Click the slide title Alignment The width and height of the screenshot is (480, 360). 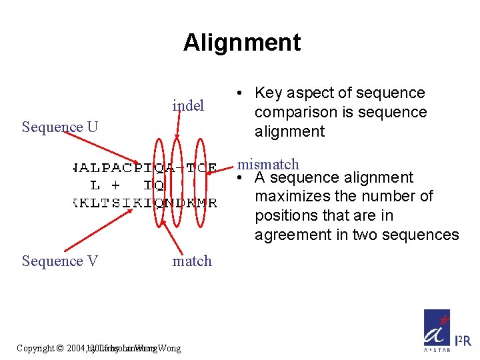[x=242, y=43]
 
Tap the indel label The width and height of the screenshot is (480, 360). [x=188, y=106]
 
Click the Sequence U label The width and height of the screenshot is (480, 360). [x=60, y=127]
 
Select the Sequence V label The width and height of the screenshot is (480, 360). [x=60, y=261]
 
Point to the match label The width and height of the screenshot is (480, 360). [x=192, y=261]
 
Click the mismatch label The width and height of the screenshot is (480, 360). [x=269, y=164]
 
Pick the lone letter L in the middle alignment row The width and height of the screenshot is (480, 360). [x=95, y=185]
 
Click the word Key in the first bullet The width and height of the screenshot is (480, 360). [x=269, y=93]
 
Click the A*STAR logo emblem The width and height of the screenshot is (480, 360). [x=437, y=330]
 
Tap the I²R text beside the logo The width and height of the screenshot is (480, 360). [x=463, y=341]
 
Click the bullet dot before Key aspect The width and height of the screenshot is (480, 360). [x=243, y=93]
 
